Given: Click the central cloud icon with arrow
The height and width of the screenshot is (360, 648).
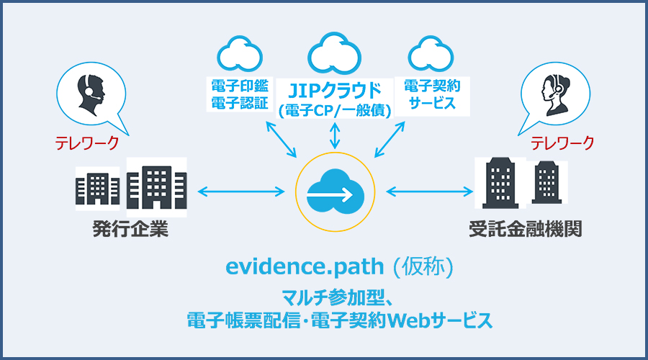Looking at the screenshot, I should point(334,192).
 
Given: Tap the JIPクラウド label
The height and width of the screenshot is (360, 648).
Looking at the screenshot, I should point(334,91).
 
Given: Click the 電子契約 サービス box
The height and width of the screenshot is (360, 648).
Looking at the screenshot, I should point(431,94).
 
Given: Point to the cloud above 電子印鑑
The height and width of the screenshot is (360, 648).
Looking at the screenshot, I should point(240,52).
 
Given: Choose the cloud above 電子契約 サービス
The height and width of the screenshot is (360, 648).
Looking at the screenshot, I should point(430,53).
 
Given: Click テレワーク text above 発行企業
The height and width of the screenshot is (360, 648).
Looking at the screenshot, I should point(87,143).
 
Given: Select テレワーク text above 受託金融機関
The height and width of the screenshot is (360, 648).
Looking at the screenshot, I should point(563,143).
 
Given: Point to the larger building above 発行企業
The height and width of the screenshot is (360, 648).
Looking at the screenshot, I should point(156,187).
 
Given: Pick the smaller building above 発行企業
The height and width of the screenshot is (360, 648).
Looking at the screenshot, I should point(97,189).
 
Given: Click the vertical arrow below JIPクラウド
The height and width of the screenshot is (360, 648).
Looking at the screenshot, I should point(334,135).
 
